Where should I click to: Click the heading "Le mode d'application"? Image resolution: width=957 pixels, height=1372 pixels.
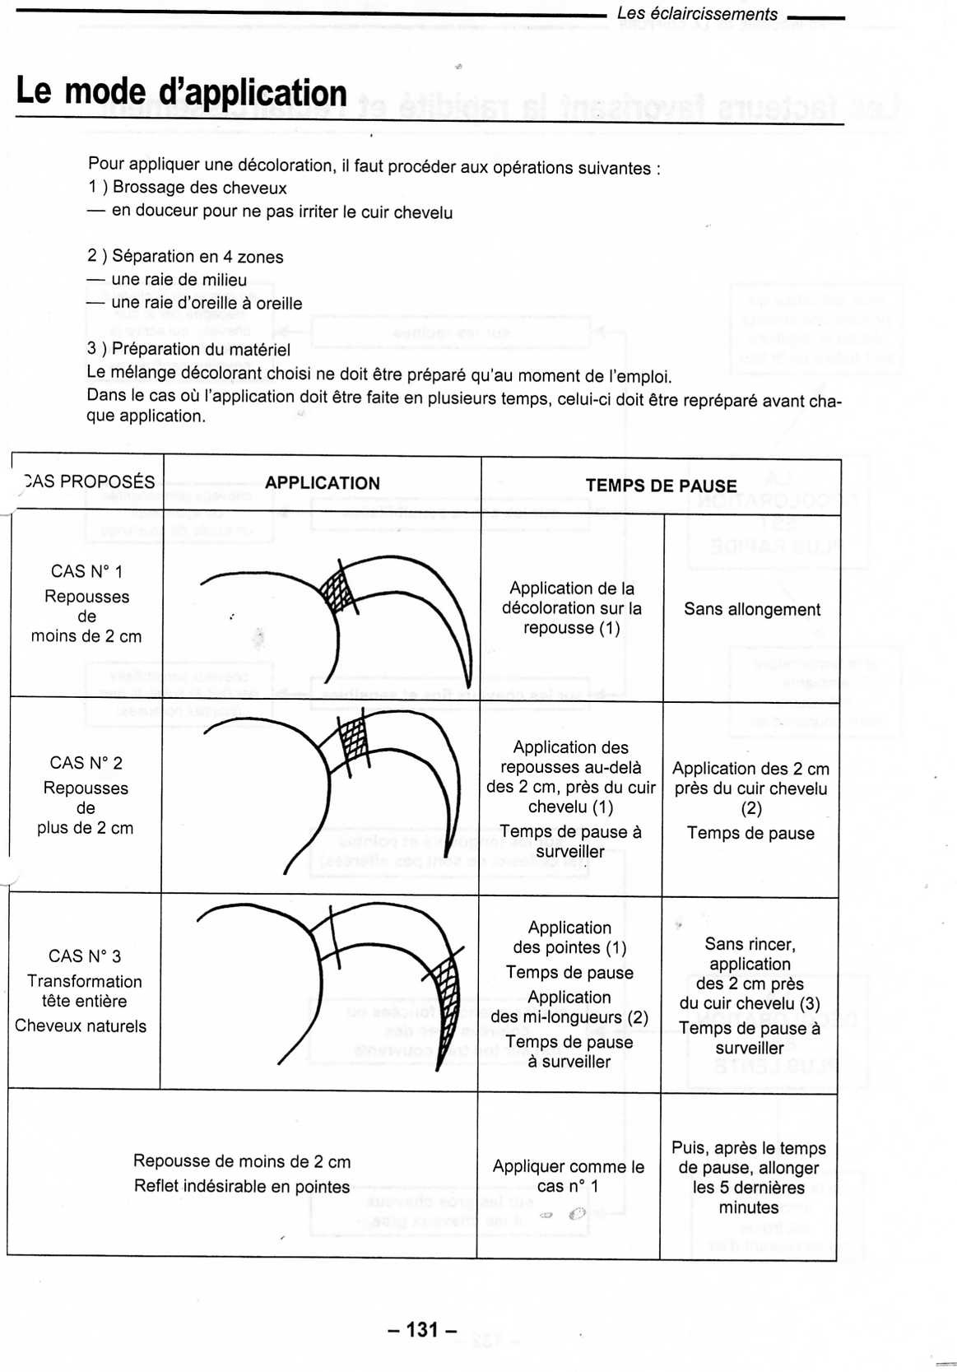[181, 92]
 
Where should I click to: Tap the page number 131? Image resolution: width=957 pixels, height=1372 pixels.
[422, 1329]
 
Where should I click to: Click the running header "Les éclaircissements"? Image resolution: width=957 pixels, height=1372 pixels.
[696, 14]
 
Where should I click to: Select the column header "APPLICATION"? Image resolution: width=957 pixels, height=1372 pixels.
[323, 483]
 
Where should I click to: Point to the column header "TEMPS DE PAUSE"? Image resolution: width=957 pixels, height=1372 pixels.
[661, 486]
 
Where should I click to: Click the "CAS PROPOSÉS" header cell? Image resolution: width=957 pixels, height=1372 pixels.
[88, 481]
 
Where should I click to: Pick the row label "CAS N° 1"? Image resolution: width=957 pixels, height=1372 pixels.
[86, 571]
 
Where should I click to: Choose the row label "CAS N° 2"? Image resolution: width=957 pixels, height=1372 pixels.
[86, 763]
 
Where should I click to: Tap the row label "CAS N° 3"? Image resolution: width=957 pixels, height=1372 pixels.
[84, 956]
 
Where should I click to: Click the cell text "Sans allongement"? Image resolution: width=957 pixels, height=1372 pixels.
[751, 609]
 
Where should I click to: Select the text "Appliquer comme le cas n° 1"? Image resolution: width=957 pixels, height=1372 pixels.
[568, 1176]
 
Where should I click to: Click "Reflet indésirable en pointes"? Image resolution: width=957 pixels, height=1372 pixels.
[241, 1186]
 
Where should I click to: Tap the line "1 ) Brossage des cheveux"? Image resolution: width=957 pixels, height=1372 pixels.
[187, 188]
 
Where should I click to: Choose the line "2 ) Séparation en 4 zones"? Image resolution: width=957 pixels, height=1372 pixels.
[185, 257]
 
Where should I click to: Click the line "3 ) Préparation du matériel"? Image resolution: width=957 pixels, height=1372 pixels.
[188, 349]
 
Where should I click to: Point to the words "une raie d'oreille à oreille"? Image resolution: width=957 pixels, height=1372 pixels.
[206, 303]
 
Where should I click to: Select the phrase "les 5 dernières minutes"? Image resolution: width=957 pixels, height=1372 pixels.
[748, 1198]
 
